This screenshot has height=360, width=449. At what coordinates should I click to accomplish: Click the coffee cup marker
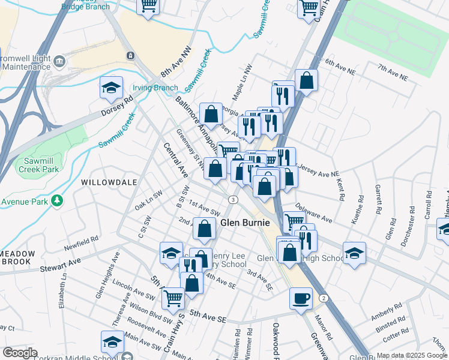[301, 298]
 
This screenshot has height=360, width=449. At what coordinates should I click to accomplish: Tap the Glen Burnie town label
[243, 222]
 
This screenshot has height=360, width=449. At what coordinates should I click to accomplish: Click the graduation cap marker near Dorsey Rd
[111, 88]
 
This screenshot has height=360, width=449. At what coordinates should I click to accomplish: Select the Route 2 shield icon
[324, 298]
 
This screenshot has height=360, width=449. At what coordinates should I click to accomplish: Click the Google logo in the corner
[20, 353]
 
